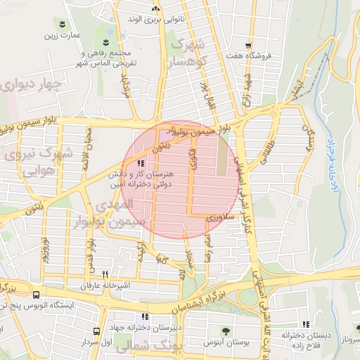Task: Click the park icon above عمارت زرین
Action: (64, 24)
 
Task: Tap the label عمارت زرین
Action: (64, 34)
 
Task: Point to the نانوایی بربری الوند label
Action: (154, 20)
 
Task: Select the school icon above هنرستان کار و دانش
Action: (132, 163)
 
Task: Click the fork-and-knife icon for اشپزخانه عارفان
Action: (105, 274)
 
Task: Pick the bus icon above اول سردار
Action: (96, 331)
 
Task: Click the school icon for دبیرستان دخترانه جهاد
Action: (145, 318)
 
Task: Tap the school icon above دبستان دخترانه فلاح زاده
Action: (306, 324)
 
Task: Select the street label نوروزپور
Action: (45, 251)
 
